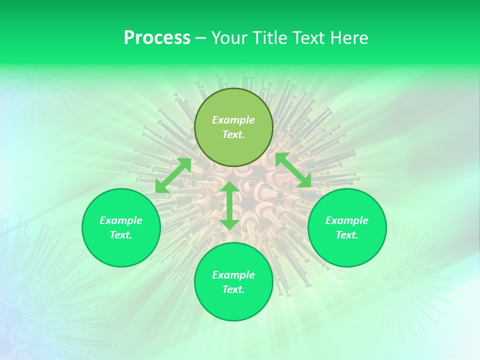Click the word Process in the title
coord(157,38)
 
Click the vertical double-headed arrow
coord(229,205)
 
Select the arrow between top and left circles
coord(173,175)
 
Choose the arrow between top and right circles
coord(293,170)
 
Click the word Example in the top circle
coord(233,120)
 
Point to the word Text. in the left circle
coord(121,235)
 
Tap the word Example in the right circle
coord(347,220)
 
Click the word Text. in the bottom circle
coord(233,289)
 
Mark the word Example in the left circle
coord(121,220)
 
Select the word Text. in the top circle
coord(233,134)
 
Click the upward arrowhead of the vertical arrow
coord(229,187)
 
